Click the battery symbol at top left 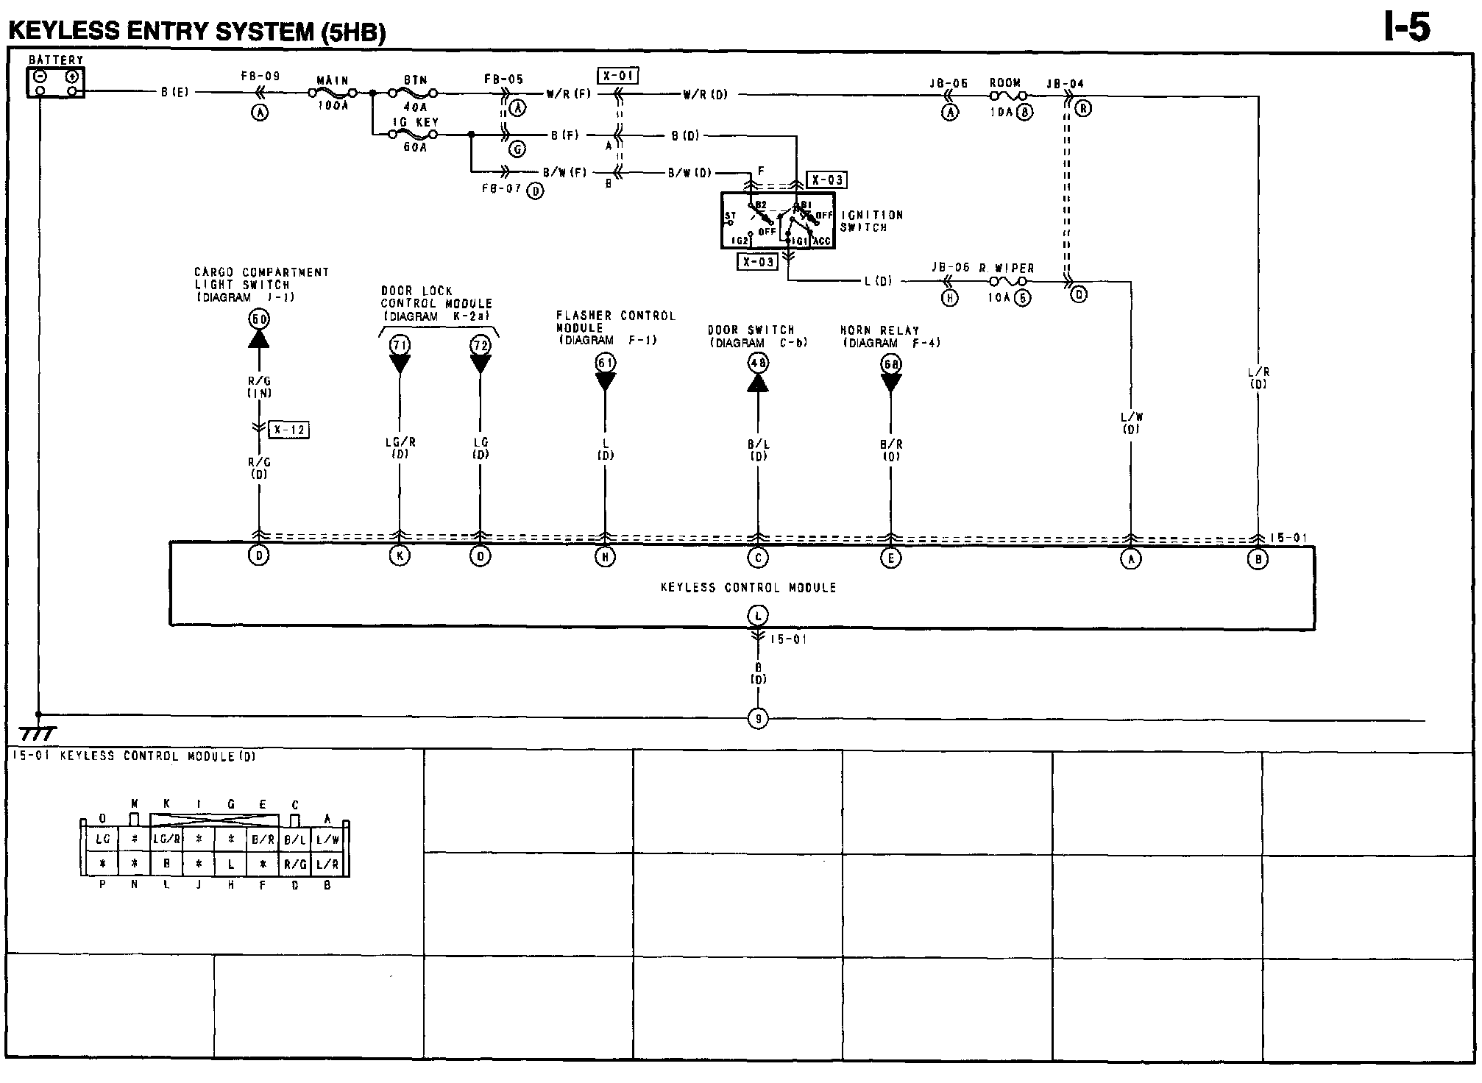[56, 82]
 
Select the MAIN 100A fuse [333, 93]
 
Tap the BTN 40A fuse [414, 93]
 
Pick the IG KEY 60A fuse [414, 135]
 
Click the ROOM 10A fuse [1005, 96]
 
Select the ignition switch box [778, 221]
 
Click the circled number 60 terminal [259, 319]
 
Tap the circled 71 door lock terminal [400, 345]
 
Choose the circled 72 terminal [481, 345]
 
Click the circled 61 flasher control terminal [606, 363]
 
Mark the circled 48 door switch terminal [758, 363]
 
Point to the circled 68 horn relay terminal [891, 364]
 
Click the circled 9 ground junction [758, 719]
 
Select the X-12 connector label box [288, 430]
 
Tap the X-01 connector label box [617, 76]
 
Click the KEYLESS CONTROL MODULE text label [748, 588]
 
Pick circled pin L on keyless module [758, 615]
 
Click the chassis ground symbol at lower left [37, 733]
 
